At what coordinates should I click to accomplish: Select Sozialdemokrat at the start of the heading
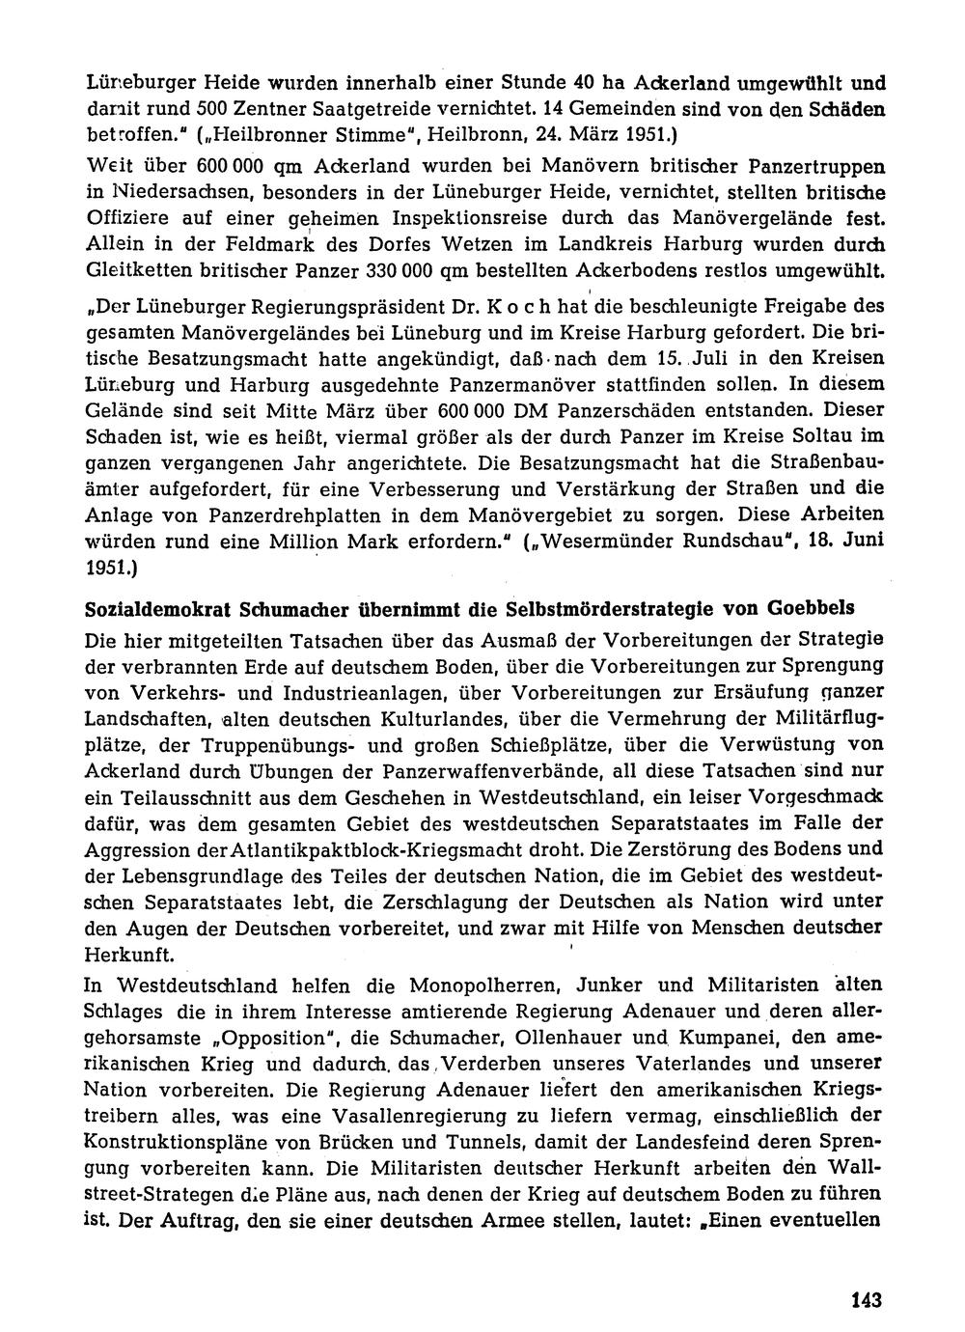[x=154, y=610]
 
